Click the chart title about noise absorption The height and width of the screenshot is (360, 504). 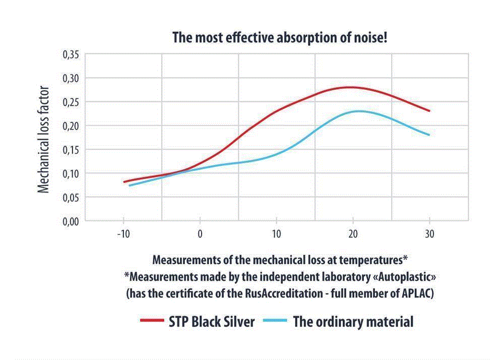pos(280,37)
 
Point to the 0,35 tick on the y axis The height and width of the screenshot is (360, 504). pos(71,54)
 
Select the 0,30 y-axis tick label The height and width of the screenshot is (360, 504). pos(71,78)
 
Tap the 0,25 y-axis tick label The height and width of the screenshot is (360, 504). pos(71,102)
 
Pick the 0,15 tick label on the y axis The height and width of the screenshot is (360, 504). pos(71,150)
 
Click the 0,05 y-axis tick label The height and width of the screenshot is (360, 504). pos(71,198)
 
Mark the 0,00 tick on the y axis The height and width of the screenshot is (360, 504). pos(71,221)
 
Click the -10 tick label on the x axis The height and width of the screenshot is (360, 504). pos(122,234)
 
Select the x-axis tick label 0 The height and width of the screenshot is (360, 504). pos(200,234)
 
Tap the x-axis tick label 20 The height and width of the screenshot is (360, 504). pos(353,234)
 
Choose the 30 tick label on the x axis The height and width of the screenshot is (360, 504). pos(429,234)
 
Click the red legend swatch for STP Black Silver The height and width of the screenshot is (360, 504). pos(151,321)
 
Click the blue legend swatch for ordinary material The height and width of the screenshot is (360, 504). pos(275,321)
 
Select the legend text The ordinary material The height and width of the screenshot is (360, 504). pos(353,322)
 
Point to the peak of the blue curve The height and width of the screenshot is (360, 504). pos(359,111)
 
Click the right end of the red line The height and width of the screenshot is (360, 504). pos(429,111)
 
